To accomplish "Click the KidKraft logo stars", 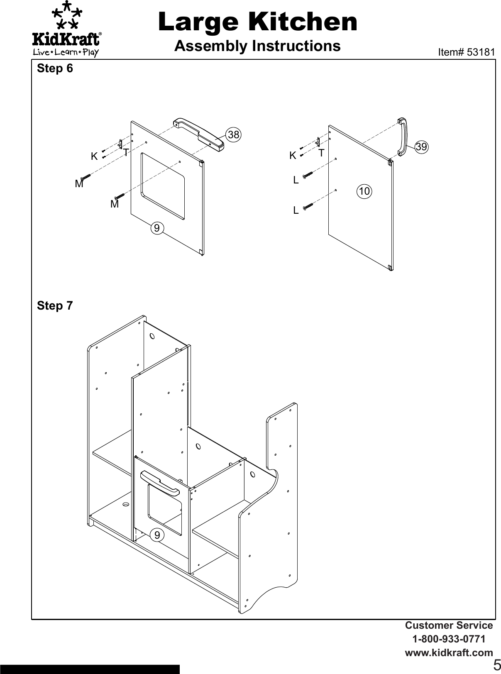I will [66, 16].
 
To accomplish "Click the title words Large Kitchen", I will [257, 22].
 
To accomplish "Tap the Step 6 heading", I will [55, 68].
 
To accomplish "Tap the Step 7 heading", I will [55, 306].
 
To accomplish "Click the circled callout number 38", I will [234, 134].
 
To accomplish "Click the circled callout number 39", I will [421, 147].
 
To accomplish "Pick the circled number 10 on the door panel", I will [364, 191].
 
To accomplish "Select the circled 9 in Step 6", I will [157, 228].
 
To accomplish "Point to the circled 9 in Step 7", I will [157, 535].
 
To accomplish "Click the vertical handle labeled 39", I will [402, 137].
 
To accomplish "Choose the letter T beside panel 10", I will [321, 154].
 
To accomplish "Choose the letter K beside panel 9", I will [94, 157].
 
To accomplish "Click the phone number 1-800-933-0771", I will [449, 639].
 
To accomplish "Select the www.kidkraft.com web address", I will [449, 652].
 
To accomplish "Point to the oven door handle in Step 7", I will [160, 482].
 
